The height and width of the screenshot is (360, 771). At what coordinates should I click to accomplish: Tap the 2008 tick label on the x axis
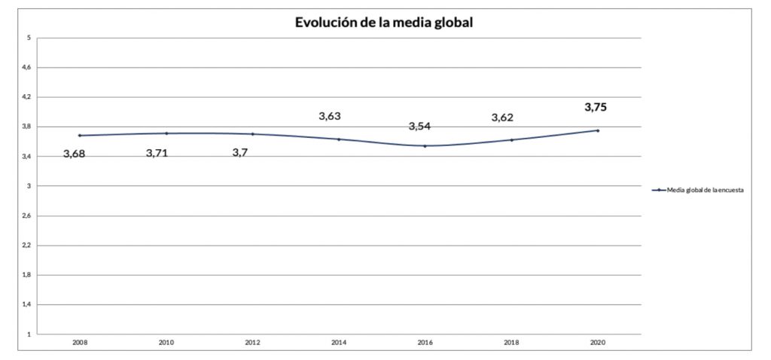click(x=79, y=342)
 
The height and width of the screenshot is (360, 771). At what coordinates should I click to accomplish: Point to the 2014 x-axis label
click(x=339, y=342)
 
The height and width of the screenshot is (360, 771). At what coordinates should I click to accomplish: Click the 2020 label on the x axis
click(x=598, y=342)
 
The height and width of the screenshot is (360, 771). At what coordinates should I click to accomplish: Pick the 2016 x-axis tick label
click(x=425, y=342)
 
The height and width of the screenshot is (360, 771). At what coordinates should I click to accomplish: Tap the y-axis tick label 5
click(x=29, y=38)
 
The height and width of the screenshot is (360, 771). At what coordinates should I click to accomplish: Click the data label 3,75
click(x=596, y=107)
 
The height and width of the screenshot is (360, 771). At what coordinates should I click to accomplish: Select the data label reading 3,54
click(x=419, y=126)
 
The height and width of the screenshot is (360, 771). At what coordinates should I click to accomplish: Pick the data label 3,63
click(x=330, y=116)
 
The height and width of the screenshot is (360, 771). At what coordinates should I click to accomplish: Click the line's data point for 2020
click(x=598, y=130)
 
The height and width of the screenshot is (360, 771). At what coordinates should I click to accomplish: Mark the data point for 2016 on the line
click(x=425, y=146)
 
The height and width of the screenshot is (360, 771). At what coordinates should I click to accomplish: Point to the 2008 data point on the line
click(x=79, y=136)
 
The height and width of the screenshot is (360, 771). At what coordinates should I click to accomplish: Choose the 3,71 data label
click(x=160, y=153)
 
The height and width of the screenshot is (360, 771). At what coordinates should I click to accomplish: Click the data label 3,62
click(x=502, y=117)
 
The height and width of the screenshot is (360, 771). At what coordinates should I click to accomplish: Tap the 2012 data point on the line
click(x=252, y=134)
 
